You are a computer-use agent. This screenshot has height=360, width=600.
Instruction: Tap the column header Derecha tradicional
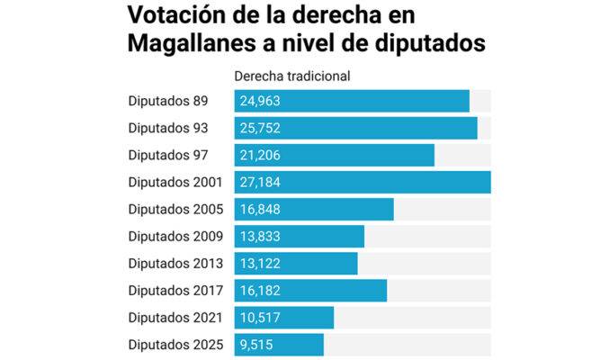coord(291,76)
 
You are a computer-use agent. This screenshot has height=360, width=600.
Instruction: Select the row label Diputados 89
coord(168,102)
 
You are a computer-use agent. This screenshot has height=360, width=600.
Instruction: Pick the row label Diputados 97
coord(168,156)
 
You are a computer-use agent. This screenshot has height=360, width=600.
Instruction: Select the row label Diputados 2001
coord(175,183)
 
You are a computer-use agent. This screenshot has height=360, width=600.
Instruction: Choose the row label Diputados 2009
coord(175,237)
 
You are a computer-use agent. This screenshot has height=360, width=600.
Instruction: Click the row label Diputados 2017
coord(175,291)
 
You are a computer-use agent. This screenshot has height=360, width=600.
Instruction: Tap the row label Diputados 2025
coord(175,345)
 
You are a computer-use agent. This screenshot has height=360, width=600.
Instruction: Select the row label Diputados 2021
coord(175,318)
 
